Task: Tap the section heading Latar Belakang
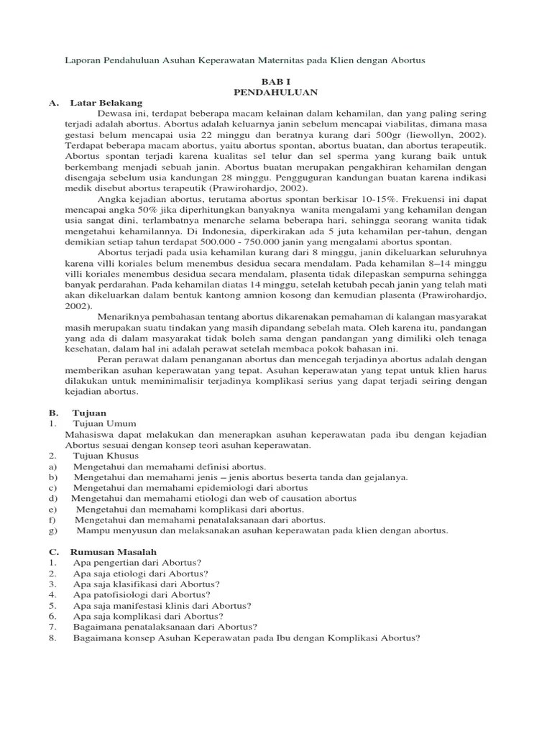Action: (x=106, y=103)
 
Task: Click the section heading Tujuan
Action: (x=89, y=413)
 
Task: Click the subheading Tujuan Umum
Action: (x=104, y=424)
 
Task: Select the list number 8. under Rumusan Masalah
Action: (x=52, y=638)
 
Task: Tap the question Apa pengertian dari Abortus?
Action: (x=137, y=561)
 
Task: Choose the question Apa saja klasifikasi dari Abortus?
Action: (x=147, y=584)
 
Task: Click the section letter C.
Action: (x=52, y=551)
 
